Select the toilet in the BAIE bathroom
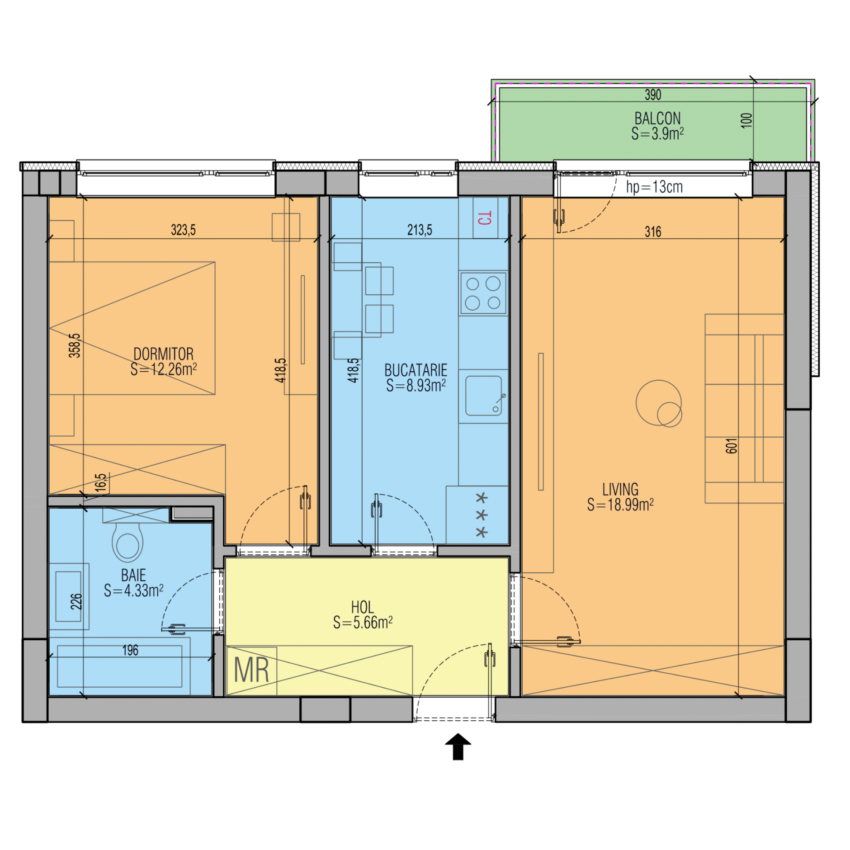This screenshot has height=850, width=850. tap(127, 541)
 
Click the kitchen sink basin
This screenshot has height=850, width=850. tap(483, 396)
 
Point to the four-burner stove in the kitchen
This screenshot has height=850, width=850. tap(483, 293)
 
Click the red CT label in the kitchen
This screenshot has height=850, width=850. tap(484, 218)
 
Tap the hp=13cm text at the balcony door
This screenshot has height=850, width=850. tap(654, 187)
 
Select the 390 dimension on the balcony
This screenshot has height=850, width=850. tap(652, 95)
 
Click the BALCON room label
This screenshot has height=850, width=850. tap(657, 118)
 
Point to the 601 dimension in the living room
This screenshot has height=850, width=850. tap(731, 446)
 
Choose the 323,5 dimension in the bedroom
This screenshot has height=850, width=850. tap(183, 230)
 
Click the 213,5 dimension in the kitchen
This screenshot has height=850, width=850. tap(420, 230)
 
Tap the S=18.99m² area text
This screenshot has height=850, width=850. tap(620, 505)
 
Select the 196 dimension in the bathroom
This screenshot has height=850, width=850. tap(130, 650)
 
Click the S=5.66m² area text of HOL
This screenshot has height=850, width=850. tap(363, 623)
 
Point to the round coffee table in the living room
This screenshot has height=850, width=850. tap(659, 403)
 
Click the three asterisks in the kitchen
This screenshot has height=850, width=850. tap(482, 515)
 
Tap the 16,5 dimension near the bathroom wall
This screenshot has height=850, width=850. tap(101, 482)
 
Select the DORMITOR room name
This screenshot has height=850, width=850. tap(163, 354)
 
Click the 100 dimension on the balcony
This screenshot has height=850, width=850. tap(746, 120)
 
